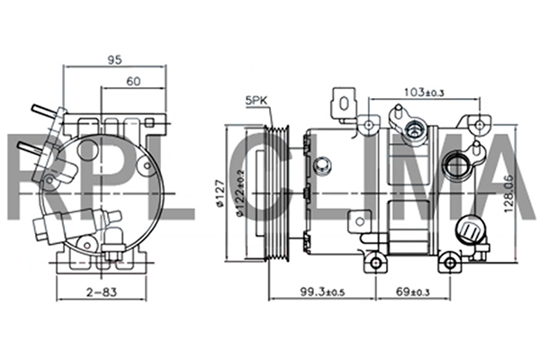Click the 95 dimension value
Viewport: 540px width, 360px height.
(114, 60)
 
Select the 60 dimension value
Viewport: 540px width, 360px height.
(133, 81)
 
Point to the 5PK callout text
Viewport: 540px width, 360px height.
(255, 101)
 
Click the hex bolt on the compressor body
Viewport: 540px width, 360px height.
(321, 166)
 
